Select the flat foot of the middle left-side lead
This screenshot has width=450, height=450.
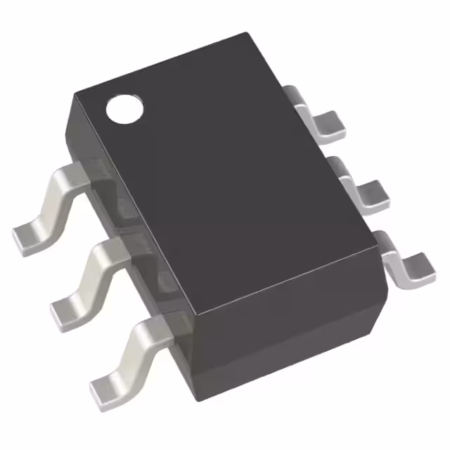point(67,307)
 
